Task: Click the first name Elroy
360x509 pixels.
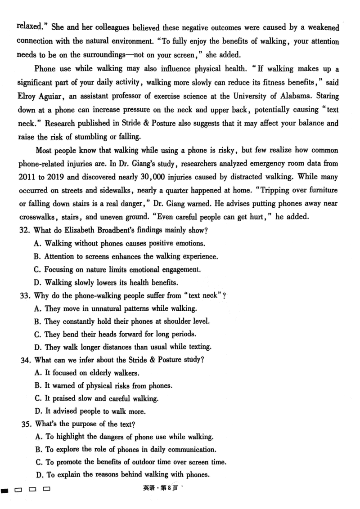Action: (27, 96)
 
